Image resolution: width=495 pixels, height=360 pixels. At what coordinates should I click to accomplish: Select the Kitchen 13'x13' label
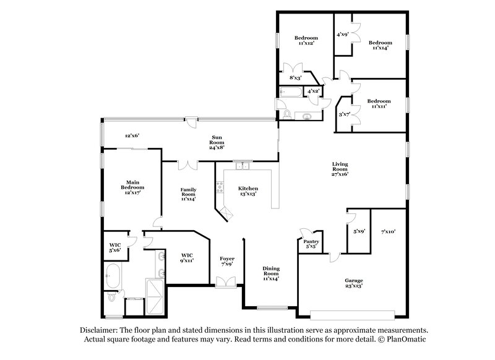(x=247, y=191)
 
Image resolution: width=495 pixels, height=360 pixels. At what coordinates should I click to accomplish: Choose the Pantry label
(x=311, y=243)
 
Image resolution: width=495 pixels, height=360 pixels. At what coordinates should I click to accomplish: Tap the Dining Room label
(x=270, y=272)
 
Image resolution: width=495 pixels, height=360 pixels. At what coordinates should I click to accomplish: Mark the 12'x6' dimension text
(x=132, y=135)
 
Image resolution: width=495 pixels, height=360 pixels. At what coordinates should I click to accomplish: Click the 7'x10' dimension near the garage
(x=389, y=231)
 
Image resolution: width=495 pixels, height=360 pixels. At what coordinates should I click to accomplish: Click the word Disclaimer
(x=100, y=331)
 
